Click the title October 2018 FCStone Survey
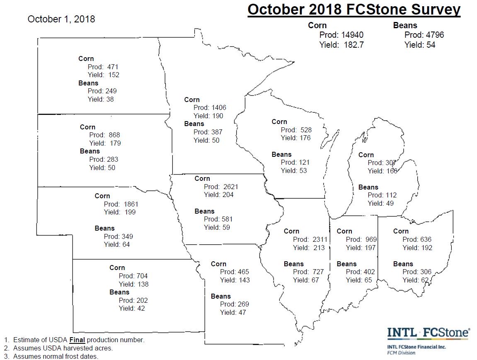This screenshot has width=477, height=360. click(x=354, y=10)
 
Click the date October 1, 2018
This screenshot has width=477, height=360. click(x=61, y=19)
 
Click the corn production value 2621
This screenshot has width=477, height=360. click(x=230, y=187)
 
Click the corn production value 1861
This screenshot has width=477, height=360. click(x=131, y=204)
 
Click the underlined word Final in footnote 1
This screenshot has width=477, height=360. click(x=77, y=340)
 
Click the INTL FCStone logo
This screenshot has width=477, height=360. click(x=428, y=333)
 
